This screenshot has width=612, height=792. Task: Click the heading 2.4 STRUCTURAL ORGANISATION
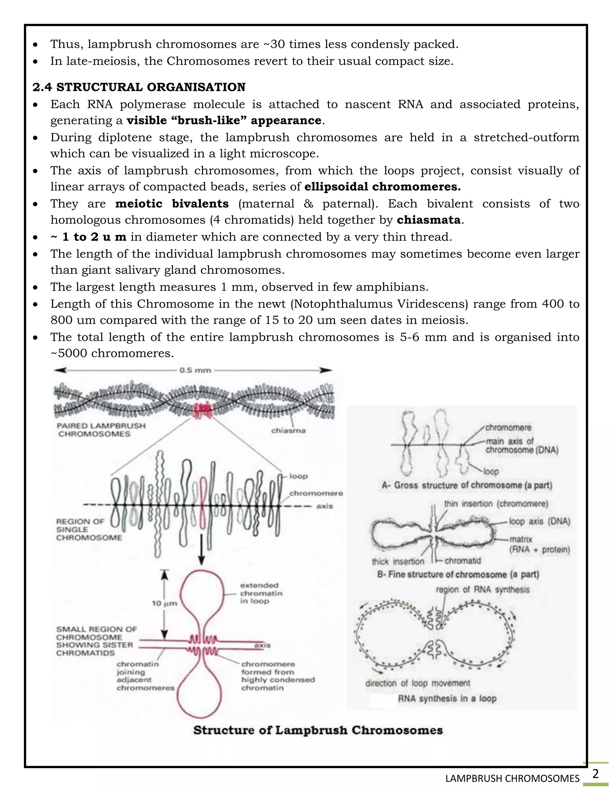pos(139,87)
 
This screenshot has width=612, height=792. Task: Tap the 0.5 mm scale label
pos(195,370)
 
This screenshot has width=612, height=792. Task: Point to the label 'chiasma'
pos(288,431)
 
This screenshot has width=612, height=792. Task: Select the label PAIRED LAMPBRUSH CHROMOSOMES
pos(101,430)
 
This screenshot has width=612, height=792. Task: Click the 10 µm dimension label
pos(164,603)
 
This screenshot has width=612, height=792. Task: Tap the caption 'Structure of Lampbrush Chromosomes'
pos(318,730)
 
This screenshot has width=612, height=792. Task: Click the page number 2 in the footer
pos(595,774)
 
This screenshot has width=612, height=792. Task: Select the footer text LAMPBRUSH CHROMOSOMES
pos(512,779)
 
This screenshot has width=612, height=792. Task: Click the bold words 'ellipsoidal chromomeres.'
pos(382,187)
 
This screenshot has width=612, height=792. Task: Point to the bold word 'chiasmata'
pos(429,220)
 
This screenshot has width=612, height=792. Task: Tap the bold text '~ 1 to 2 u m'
pos(89,237)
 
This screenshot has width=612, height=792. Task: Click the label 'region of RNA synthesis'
pos(482,590)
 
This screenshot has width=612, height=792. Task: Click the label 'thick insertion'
pos(398,561)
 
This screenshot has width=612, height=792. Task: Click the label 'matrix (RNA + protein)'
pos(539,544)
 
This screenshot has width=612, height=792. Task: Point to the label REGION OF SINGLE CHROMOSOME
pos(88,530)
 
